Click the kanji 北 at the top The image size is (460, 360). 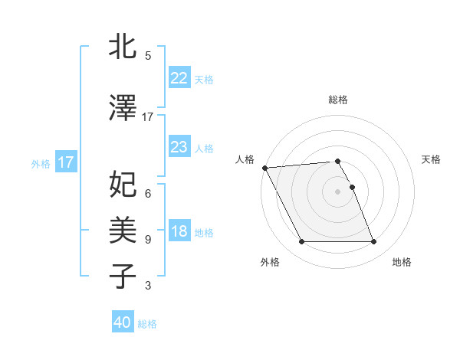coord(123,47)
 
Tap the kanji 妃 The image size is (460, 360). coord(123,184)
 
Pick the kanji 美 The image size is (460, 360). coord(123,229)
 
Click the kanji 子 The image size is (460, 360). coord(123,276)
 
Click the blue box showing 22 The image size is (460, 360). coord(179,78)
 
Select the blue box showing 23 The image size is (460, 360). coord(179,146)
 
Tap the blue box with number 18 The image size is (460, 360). coord(179,232)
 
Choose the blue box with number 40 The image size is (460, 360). coord(123,322)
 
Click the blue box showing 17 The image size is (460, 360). coord(65,162)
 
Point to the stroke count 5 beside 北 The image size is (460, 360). coord(148,56)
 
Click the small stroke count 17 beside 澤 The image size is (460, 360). coord(148,116)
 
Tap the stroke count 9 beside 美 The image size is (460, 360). coord(148,240)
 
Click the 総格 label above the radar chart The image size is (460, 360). coord(338,100)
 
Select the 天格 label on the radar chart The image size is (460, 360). coord(432,159)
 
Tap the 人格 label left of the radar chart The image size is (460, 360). coord(245,159)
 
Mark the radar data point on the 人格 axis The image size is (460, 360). coord(264,168)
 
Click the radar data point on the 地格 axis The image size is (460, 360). coord(374,242)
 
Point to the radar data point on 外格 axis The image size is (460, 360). coord(301,242)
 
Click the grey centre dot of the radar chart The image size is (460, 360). coord(338,191)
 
